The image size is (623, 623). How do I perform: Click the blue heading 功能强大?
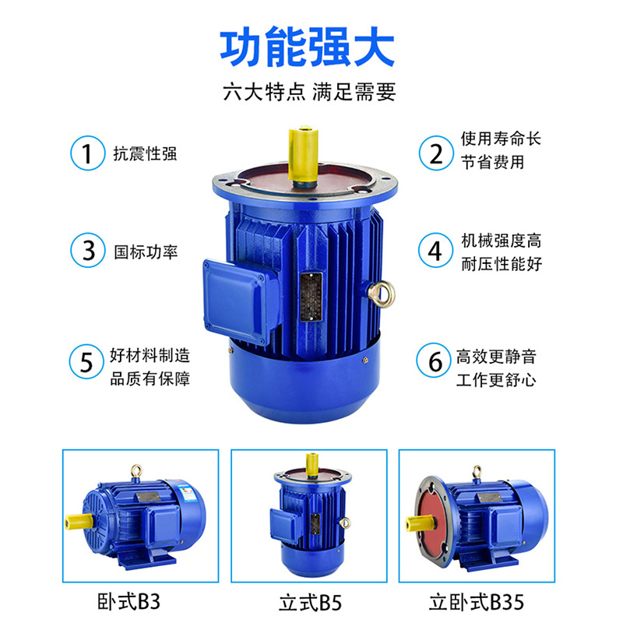tap(307, 47)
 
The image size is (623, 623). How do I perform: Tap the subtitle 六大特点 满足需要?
tap(309, 92)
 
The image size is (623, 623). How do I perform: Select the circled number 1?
tap(88, 153)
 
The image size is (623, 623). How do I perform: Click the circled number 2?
tap(436, 153)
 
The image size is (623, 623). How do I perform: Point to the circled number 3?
tap(88, 250)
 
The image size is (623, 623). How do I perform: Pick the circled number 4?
tap(436, 250)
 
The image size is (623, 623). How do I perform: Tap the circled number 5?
tap(86, 361)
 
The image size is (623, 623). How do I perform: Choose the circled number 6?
tap(435, 361)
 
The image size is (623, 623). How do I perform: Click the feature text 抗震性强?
tap(145, 153)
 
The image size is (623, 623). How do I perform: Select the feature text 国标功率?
tap(146, 252)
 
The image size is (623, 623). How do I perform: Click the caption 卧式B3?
tap(128, 602)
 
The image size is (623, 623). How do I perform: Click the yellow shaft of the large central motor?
tap(303, 155)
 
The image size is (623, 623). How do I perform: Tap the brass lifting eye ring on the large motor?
tap(382, 294)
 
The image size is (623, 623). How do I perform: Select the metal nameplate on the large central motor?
tap(311, 296)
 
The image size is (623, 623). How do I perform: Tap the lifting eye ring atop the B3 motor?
tap(137, 472)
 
